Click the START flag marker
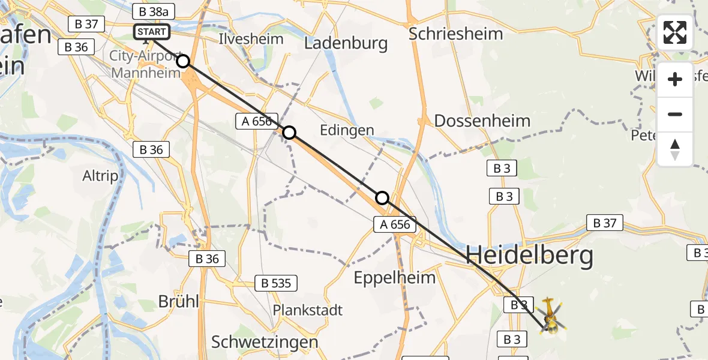152,32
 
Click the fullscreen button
675,32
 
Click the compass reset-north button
675,149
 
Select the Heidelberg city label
529,256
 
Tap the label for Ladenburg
346,43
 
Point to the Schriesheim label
455,33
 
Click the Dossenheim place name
482,121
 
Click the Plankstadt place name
308,310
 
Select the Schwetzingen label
265,342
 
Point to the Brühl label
178,301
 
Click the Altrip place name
100,176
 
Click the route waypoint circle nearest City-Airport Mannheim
183,61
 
